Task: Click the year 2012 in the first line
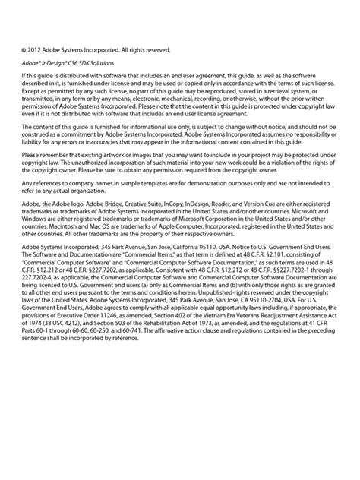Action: (x=36, y=51)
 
